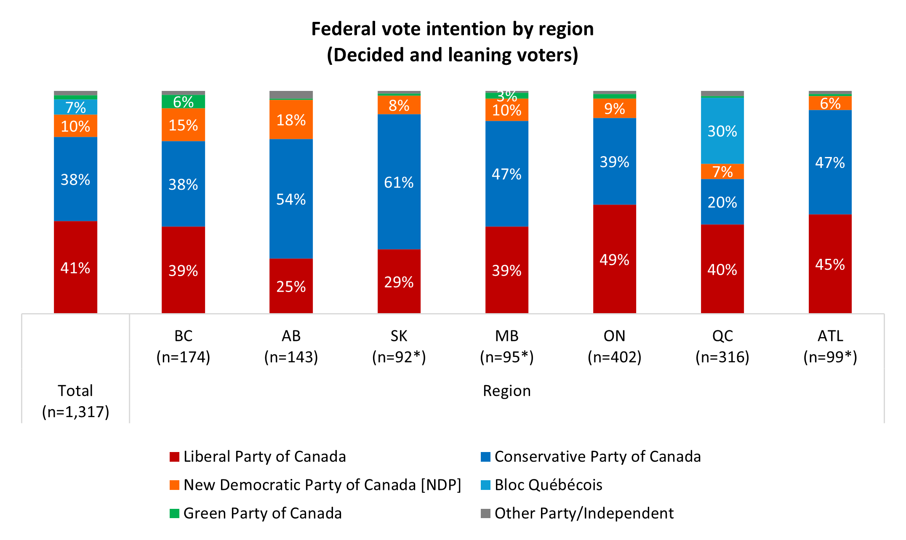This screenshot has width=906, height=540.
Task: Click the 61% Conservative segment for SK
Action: [x=399, y=182]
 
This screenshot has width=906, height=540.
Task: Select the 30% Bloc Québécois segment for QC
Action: [x=722, y=131]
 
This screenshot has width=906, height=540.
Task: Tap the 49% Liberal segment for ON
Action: [x=614, y=259]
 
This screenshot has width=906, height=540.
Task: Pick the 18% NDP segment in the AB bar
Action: [x=291, y=120]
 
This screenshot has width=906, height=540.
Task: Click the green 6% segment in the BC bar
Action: [x=183, y=102]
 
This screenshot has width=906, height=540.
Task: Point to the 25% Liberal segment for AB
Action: [x=291, y=286]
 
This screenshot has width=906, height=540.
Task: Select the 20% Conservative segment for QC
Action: [x=722, y=202]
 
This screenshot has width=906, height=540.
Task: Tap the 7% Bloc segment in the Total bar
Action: [x=75, y=107]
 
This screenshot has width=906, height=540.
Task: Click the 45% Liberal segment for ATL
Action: [x=830, y=264]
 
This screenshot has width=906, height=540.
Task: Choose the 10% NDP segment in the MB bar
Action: [x=506, y=110]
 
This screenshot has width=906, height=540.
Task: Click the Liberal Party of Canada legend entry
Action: [x=258, y=457]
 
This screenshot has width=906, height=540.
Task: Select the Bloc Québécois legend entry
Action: [x=541, y=485]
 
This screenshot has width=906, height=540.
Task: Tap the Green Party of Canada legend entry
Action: [x=256, y=513]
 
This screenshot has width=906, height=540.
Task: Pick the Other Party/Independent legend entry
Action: [x=577, y=513]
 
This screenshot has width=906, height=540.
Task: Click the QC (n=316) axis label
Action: [x=722, y=346]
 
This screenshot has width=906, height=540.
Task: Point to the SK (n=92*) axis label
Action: [x=399, y=346]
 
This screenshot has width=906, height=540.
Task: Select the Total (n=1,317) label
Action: [x=76, y=401]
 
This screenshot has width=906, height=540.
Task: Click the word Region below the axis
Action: [x=507, y=391]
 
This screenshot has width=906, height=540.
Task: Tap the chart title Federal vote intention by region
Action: [x=453, y=42]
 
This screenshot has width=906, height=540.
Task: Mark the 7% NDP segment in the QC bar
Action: [x=722, y=172]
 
